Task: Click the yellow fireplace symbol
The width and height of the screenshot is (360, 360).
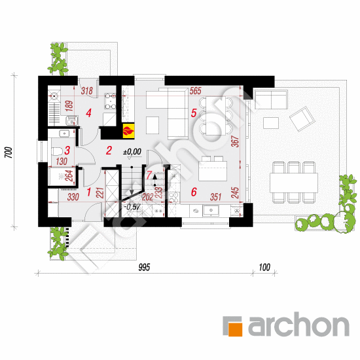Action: (x=128, y=131)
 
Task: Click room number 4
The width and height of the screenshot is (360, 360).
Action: (x=88, y=113)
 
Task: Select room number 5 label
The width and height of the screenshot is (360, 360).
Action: (x=194, y=113)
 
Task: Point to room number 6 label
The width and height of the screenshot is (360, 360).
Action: (x=194, y=192)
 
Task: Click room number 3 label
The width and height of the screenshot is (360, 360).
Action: (x=67, y=151)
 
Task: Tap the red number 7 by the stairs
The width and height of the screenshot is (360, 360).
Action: (x=149, y=175)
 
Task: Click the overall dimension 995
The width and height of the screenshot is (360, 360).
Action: (x=144, y=267)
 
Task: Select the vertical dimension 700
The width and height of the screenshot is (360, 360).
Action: (x=9, y=153)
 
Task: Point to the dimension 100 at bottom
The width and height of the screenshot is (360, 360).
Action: (x=264, y=267)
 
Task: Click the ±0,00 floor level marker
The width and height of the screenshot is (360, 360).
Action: (x=132, y=152)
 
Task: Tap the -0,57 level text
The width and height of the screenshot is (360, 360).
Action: (x=132, y=207)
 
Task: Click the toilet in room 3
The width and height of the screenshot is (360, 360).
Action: (x=57, y=152)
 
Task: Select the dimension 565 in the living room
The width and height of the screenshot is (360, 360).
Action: (x=196, y=91)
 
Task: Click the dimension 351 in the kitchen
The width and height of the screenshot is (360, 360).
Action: (x=215, y=197)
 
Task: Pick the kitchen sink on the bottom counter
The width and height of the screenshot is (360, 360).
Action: (x=211, y=211)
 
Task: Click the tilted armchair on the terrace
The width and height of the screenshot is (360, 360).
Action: (x=302, y=119)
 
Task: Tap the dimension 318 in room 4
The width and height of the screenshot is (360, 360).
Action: (x=87, y=91)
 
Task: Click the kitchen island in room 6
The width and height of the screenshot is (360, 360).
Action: (x=213, y=171)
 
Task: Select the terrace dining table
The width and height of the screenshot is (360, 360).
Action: (x=294, y=183)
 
